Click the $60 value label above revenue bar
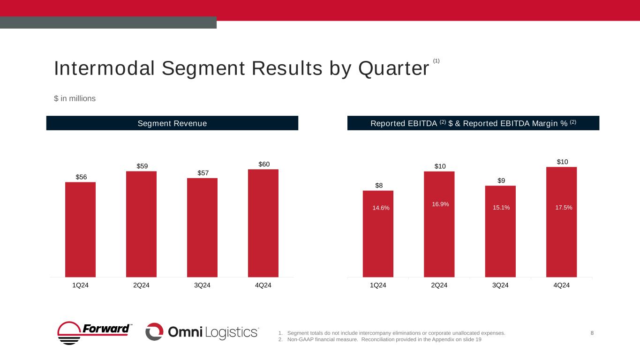click(x=264, y=164)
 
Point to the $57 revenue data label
click(x=202, y=173)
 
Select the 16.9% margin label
click(x=440, y=204)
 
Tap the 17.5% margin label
click(x=563, y=207)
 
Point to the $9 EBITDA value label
click(x=501, y=180)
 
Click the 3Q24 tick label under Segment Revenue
click(x=202, y=286)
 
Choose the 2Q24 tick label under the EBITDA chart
click(x=439, y=286)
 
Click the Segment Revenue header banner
click(x=172, y=123)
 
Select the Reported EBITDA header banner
click(x=473, y=123)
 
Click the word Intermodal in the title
click(x=105, y=68)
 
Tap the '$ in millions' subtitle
click(x=75, y=98)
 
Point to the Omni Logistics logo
click(x=202, y=332)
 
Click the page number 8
click(x=592, y=333)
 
